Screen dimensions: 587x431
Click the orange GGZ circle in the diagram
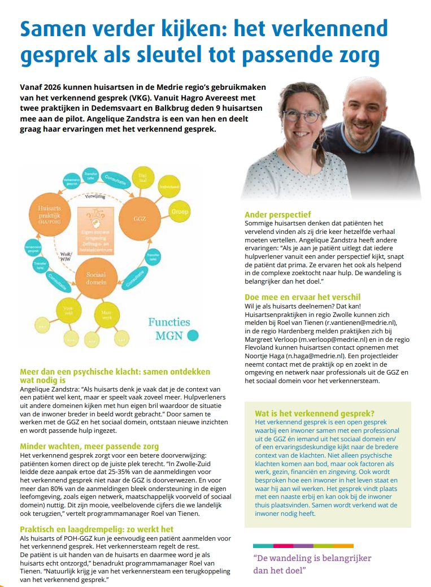click(143, 218)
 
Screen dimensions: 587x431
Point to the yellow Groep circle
click(180, 212)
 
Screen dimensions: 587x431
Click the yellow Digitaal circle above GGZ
click(142, 177)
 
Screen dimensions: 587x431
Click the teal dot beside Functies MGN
click(193, 336)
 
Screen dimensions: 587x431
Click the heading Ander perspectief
click(277, 215)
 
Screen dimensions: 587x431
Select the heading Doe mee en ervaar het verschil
click(302, 297)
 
